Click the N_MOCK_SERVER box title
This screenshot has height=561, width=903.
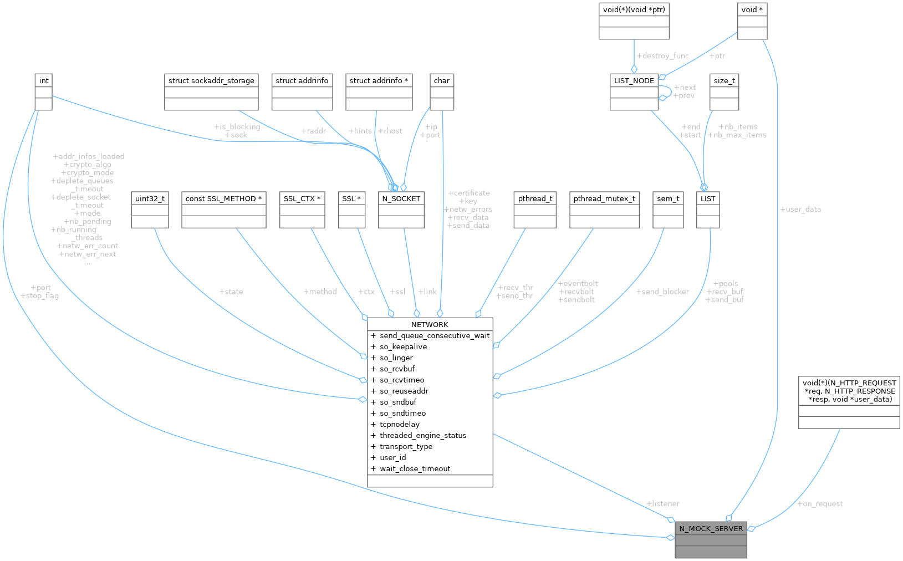coord(711,528)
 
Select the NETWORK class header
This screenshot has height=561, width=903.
coord(430,324)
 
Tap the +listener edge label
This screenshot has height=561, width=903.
coord(663,504)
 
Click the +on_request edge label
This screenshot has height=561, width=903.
coord(820,504)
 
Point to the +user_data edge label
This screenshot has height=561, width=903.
coord(800,209)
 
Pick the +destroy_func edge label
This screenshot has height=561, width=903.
coord(663,56)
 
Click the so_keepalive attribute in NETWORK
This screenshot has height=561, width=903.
coord(403,346)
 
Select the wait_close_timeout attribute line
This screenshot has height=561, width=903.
coord(415,468)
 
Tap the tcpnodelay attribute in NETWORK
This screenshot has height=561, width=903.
coord(399,424)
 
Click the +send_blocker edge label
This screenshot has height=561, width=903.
coord(662,292)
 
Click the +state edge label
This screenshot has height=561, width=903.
coord(231,292)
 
